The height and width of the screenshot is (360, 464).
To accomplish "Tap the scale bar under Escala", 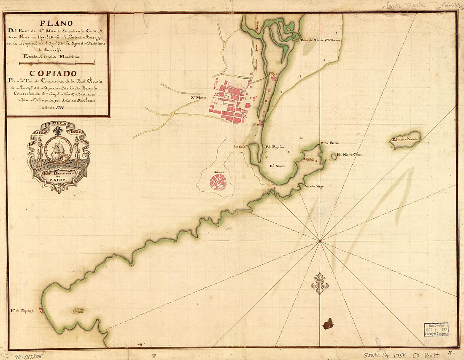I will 57,63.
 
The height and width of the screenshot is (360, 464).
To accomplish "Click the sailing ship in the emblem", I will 58,150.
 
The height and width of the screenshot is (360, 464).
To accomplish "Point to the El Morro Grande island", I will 405,140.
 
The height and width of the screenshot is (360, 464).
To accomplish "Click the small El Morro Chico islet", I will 334,156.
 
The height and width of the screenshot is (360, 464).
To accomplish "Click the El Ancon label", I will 278,166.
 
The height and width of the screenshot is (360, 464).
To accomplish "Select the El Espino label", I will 275,147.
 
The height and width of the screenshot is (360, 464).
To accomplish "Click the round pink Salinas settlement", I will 219,182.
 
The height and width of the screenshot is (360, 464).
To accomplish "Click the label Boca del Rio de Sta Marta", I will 321,40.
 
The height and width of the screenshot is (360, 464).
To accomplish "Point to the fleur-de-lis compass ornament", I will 320,283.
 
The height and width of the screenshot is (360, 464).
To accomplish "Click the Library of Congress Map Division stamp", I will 436,329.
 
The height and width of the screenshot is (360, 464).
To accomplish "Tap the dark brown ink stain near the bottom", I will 328,324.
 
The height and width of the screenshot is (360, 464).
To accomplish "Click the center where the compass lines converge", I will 320,241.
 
